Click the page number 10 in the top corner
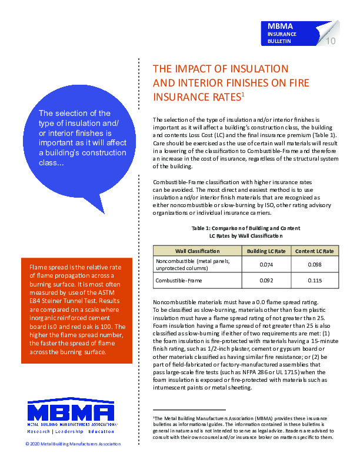(330, 41)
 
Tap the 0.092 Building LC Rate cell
(266, 281)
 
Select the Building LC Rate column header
(266, 251)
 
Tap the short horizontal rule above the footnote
(189, 409)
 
